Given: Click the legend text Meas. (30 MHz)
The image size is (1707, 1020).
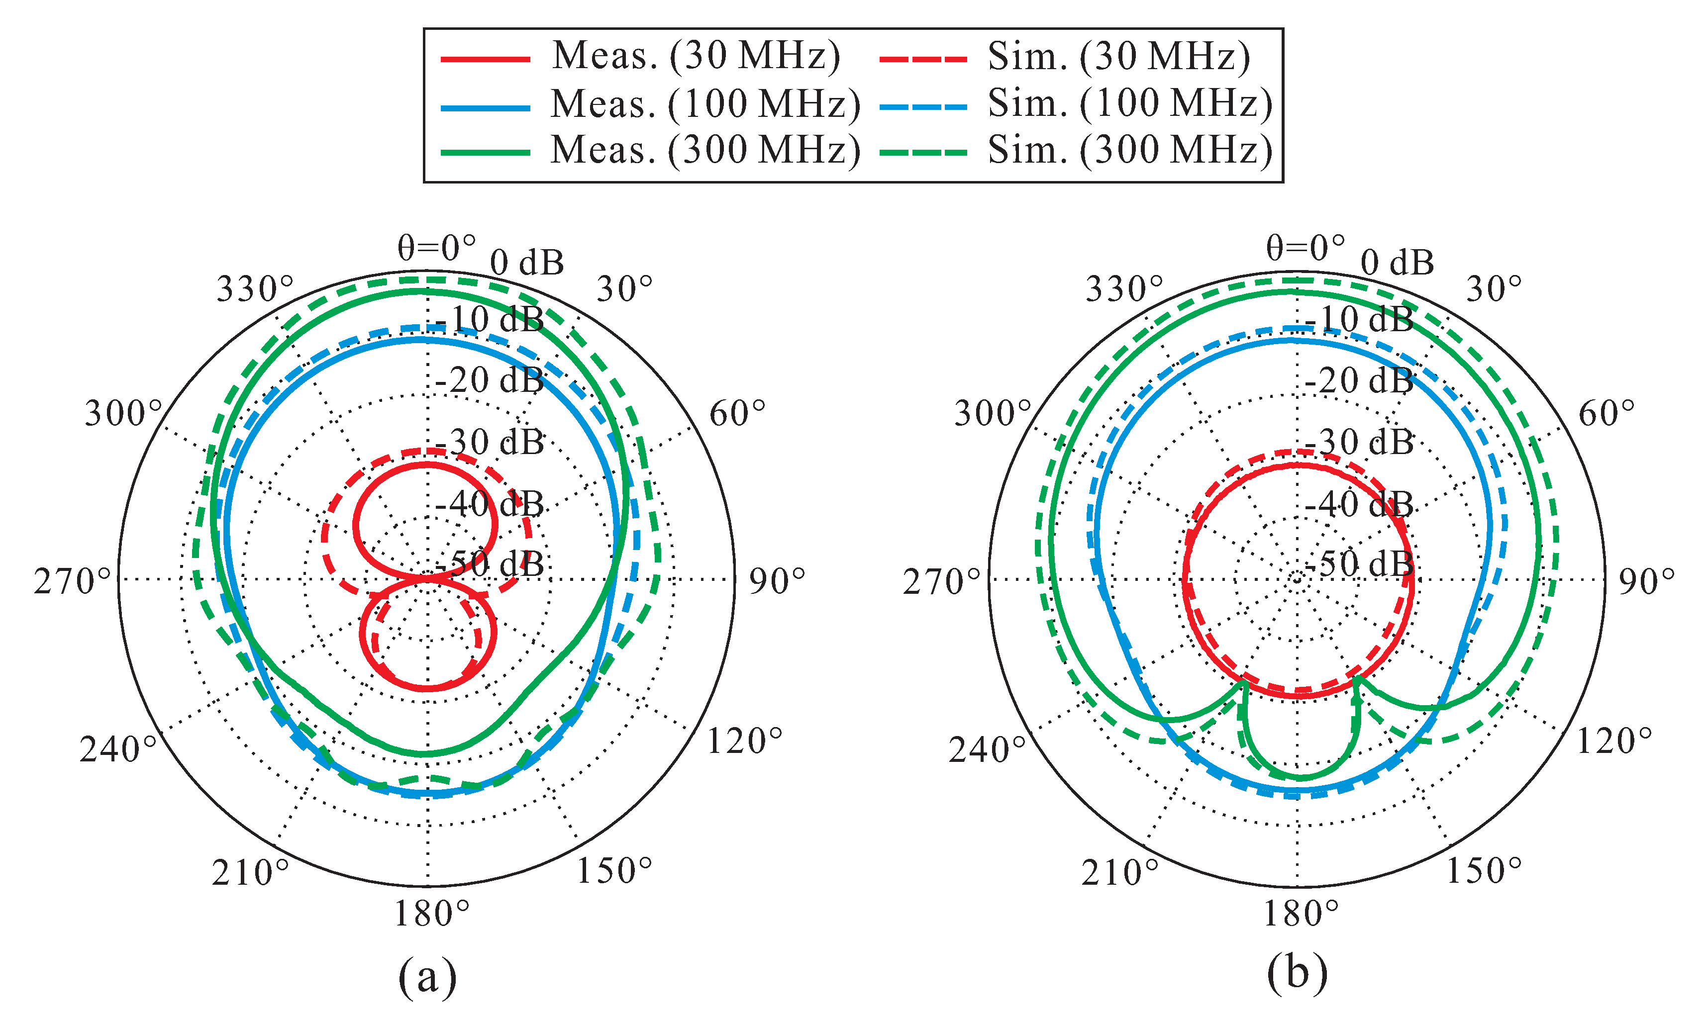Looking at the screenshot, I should (x=696, y=56).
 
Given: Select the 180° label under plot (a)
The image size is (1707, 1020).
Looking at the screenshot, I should (x=431, y=914).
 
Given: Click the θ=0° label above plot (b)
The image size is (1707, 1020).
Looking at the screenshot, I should (x=1305, y=248).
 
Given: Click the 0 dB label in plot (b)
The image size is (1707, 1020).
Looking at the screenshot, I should (x=1397, y=263).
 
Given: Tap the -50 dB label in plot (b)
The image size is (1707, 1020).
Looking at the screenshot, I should (x=1359, y=563).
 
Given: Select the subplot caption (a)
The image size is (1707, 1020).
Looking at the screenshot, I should (x=427, y=975).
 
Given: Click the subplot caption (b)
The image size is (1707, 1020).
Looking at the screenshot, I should (x=1297, y=975).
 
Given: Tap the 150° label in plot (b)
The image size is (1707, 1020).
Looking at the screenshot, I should (x=1484, y=871).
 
